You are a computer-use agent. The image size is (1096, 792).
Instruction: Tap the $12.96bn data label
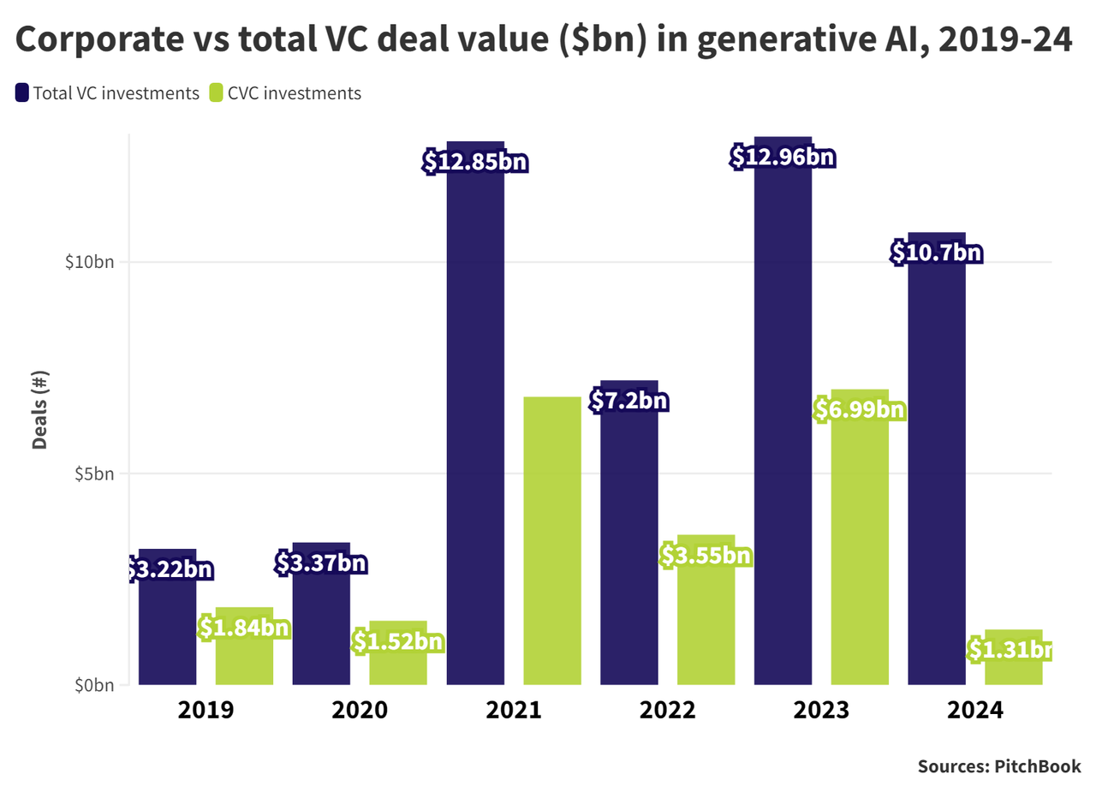[x=783, y=158]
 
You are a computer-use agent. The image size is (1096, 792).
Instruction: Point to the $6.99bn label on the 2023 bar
[x=860, y=409]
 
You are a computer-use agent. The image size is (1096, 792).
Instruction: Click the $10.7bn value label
[x=936, y=253]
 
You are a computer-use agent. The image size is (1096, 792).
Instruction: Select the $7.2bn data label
[x=629, y=401]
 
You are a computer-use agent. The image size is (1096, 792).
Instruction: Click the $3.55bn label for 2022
[x=706, y=556]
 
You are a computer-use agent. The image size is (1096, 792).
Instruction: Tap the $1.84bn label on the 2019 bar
[x=244, y=628]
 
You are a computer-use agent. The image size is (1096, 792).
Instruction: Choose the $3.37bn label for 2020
[x=321, y=563]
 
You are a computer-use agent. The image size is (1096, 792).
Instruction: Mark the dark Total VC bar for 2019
[x=168, y=634]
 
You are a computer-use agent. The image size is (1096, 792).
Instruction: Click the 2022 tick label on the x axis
[x=668, y=711]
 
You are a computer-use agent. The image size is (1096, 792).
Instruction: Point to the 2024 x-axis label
[x=975, y=711]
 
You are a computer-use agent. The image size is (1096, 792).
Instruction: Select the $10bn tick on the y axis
[x=89, y=262]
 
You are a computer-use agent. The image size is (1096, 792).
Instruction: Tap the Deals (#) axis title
[x=39, y=410]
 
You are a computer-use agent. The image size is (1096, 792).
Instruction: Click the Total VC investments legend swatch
[x=22, y=92]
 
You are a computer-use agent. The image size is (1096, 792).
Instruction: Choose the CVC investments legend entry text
[x=295, y=93]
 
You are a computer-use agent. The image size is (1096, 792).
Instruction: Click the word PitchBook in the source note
[x=1037, y=766]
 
